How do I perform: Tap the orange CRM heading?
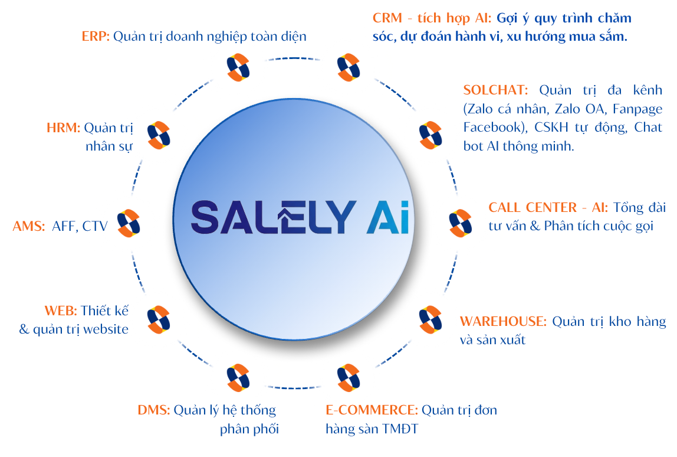(387, 18)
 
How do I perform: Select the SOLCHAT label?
(495, 90)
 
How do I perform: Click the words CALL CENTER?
(524, 208)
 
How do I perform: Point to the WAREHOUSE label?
(502, 322)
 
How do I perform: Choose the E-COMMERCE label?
(372, 410)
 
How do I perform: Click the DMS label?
(153, 410)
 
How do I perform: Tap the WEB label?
(61, 311)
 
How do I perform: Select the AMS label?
(28, 226)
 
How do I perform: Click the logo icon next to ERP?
(238, 67)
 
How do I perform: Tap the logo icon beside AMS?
(128, 222)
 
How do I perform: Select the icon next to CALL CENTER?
(460, 222)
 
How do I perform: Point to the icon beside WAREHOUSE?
(430, 319)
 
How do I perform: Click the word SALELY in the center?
(274, 217)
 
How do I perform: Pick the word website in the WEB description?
(106, 329)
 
